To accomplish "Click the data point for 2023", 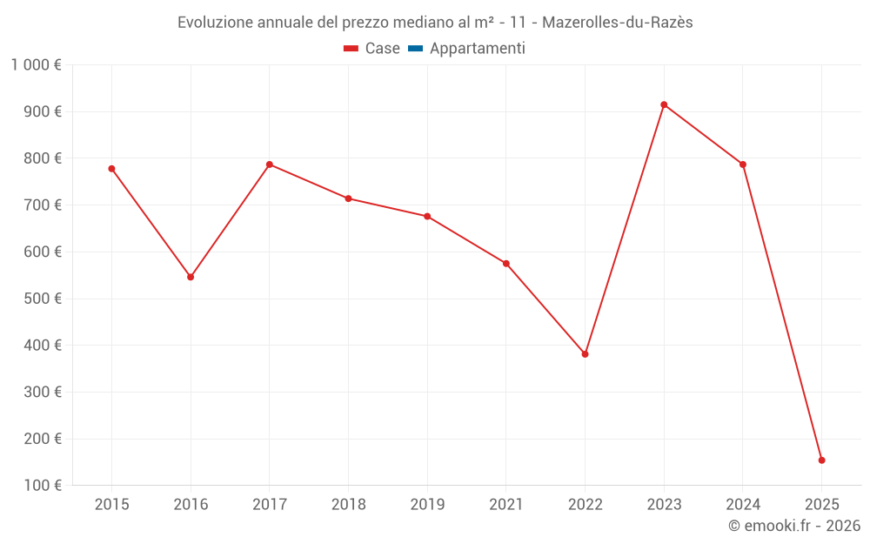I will coord(664,104).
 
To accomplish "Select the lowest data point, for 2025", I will coord(821,460).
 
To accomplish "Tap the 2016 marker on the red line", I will coord(191,277).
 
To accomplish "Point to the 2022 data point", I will coord(585,354).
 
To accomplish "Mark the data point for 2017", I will coord(270,165).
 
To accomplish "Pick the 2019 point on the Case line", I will coord(427,216).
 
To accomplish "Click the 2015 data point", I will coord(111,169).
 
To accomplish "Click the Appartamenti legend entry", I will coord(477,49).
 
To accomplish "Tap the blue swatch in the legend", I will coord(415,49).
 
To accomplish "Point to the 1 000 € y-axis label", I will coord(36,65).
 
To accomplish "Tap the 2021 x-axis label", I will coord(505,504).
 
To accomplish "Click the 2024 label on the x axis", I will coord(742,504).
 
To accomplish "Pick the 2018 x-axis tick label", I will coord(348,504).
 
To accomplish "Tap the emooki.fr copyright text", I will coord(794,526).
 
